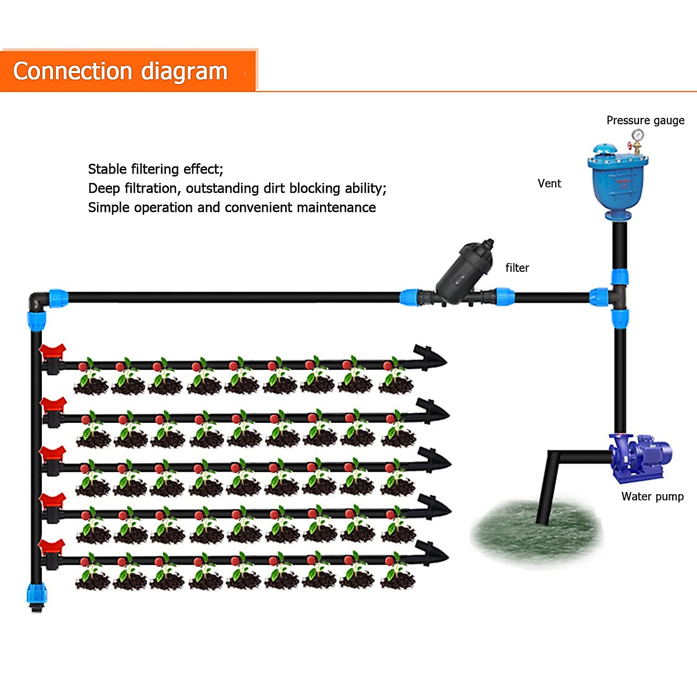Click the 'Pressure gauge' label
click(x=645, y=120)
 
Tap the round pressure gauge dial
click(x=638, y=135)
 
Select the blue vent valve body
click(x=617, y=183)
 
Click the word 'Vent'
click(x=549, y=184)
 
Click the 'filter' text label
click(x=517, y=268)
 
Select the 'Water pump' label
click(x=652, y=497)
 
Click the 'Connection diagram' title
click(x=120, y=71)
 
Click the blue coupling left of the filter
click(x=410, y=298)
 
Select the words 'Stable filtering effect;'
click(x=155, y=169)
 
